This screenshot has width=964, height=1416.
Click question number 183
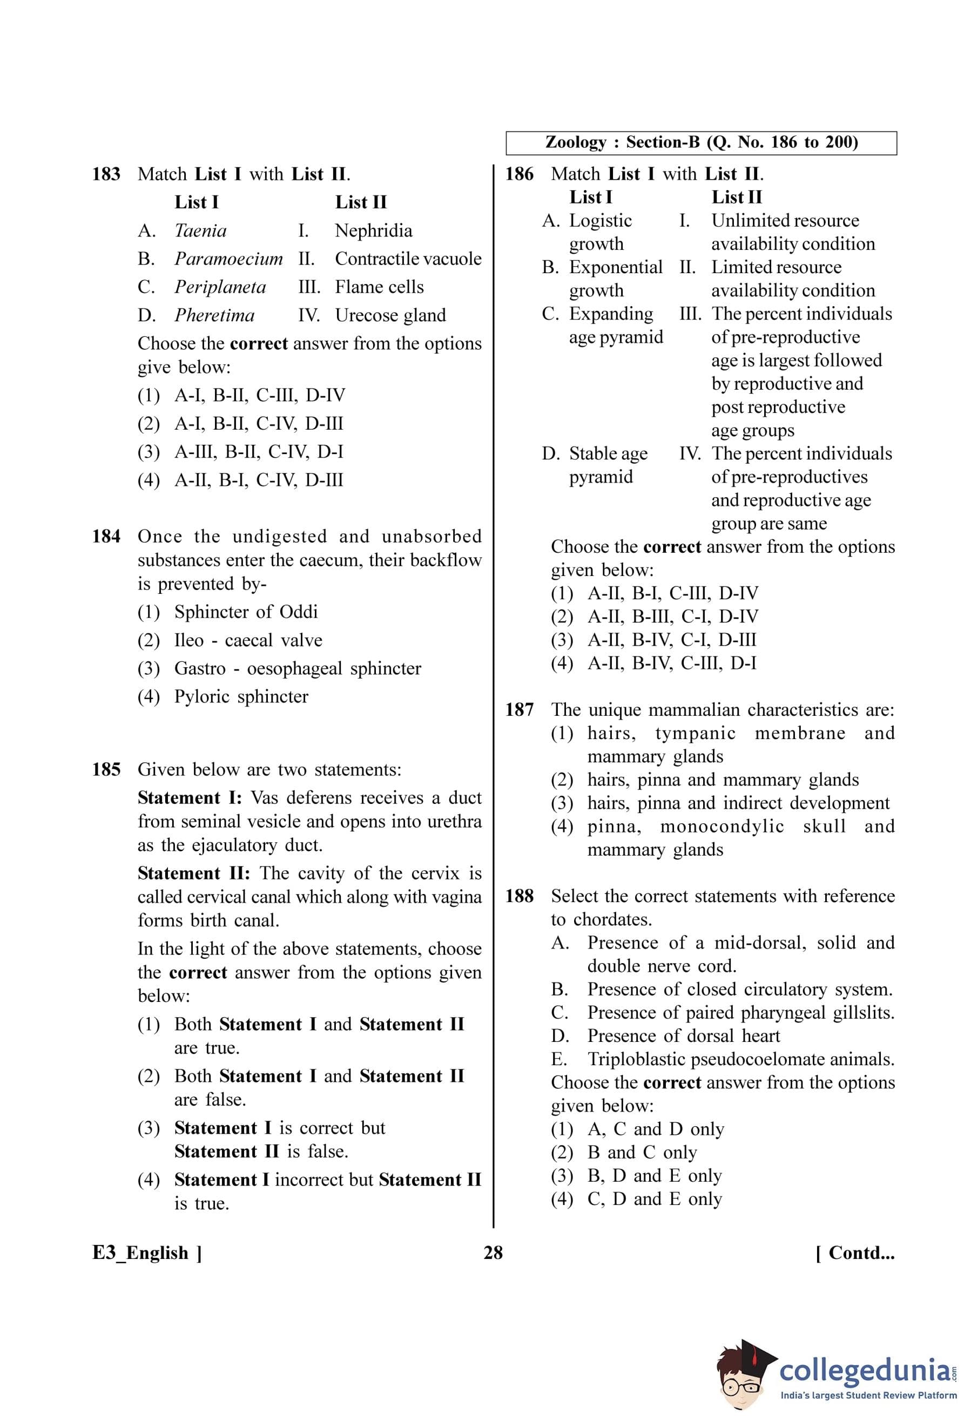coord(106,174)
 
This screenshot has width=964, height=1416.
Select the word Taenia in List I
coord(200,231)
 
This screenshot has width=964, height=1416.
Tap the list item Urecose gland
coord(390,316)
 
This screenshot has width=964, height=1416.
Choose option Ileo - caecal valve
coord(248,640)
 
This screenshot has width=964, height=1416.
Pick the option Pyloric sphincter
coord(241,697)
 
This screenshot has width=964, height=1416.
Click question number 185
coord(106,769)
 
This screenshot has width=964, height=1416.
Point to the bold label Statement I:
coord(190,798)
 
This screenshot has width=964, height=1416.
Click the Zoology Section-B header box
coord(701,143)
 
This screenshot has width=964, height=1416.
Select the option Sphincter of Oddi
coord(246,612)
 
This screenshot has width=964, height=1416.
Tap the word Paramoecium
coord(228,259)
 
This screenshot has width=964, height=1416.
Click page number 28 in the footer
coord(493,1253)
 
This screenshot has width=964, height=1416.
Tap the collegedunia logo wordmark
coord(864,1372)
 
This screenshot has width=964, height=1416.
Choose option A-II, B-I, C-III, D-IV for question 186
coord(673,593)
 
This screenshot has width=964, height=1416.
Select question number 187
coord(519,710)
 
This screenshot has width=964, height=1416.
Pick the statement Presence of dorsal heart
coord(683,1036)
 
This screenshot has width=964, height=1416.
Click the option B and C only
coord(642,1152)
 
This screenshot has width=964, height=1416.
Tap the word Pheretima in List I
coord(214,316)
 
